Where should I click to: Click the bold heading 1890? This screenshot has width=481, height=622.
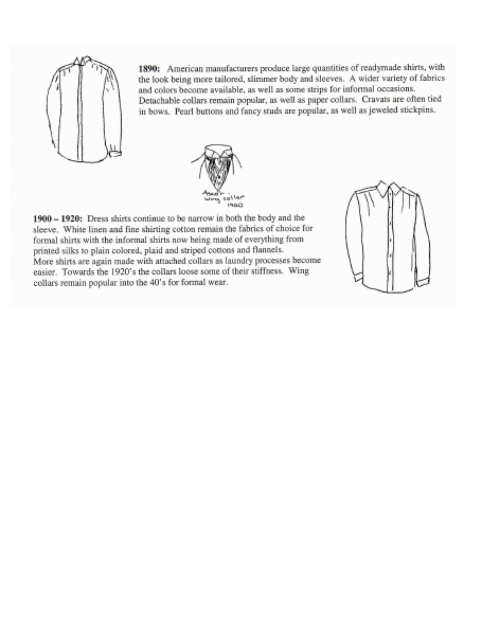click(x=149, y=69)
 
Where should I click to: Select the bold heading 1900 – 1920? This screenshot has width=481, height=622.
click(x=58, y=219)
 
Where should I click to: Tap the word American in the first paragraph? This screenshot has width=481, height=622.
click(x=184, y=69)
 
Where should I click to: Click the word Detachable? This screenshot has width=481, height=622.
click(x=158, y=101)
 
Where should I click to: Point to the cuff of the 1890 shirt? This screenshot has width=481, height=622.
click(x=115, y=154)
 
